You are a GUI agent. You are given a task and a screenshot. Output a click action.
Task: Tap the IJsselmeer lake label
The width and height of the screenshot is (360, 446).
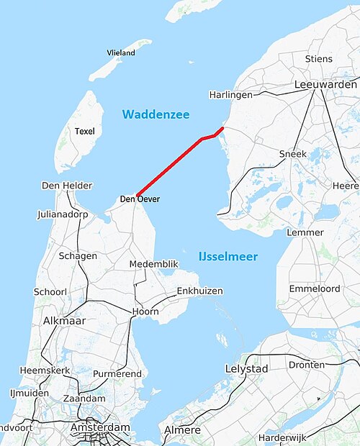(228, 257)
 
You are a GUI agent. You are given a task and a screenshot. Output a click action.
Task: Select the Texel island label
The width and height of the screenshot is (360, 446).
(85, 131)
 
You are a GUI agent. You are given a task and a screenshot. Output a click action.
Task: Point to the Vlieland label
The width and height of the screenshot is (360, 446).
(120, 53)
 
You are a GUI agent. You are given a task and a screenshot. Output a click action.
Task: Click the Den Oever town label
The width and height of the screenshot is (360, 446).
(140, 199)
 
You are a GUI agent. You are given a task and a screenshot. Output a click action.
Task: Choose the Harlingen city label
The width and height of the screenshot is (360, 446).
(230, 95)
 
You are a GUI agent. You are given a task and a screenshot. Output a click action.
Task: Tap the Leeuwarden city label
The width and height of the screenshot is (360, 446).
(325, 85)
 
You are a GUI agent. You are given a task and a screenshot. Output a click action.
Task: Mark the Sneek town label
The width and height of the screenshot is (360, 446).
(293, 154)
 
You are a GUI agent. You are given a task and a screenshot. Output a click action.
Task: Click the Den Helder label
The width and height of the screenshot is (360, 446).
(67, 186)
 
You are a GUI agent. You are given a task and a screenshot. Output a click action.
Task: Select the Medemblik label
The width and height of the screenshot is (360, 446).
(153, 264)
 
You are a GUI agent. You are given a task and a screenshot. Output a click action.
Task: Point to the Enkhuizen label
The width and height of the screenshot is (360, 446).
(199, 291)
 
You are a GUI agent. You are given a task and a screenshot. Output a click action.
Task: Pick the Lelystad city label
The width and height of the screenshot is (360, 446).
(246, 369)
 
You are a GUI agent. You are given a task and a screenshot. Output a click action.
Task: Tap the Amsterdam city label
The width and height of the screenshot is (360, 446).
(100, 427)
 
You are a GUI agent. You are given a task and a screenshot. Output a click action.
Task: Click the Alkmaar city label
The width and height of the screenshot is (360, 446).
(66, 320)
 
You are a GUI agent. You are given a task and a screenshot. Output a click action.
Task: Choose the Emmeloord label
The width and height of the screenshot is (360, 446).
(313, 288)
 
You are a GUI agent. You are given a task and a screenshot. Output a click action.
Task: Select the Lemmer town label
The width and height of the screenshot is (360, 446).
(305, 232)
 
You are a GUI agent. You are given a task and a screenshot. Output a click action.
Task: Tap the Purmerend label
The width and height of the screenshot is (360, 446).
(118, 374)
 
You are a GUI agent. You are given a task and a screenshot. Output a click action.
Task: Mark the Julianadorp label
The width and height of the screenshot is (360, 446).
(66, 214)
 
